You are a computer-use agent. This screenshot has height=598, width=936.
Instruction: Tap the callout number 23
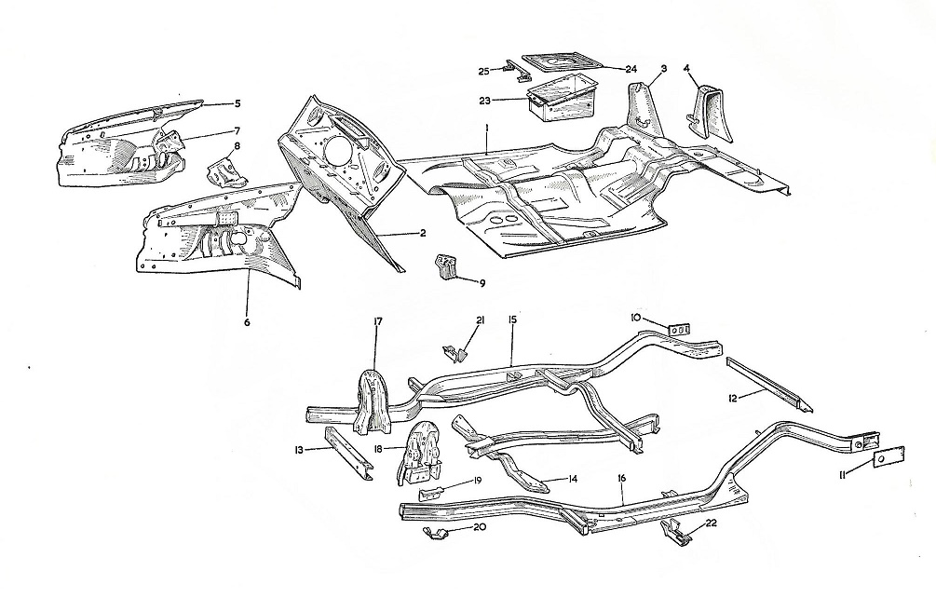pyautogui.click(x=510, y=99)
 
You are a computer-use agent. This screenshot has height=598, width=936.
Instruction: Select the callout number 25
pyautogui.click(x=484, y=71)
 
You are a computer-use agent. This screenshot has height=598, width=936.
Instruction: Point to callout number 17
pyautogui.click(x=378, y=321)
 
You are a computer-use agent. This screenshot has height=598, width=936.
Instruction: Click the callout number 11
pyautogui.click(x=842, y=476)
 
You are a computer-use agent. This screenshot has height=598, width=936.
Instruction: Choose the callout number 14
pyautogui.click(x=571, y=481)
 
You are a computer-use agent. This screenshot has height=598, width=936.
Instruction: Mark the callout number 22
pyautogui.click(x=712, y=524)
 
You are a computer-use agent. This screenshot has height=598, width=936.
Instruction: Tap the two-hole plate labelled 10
pyautogui.click(x=680, y=331)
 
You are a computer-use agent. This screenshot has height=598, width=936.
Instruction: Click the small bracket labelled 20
pyautogui.click(x=432, y=532)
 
